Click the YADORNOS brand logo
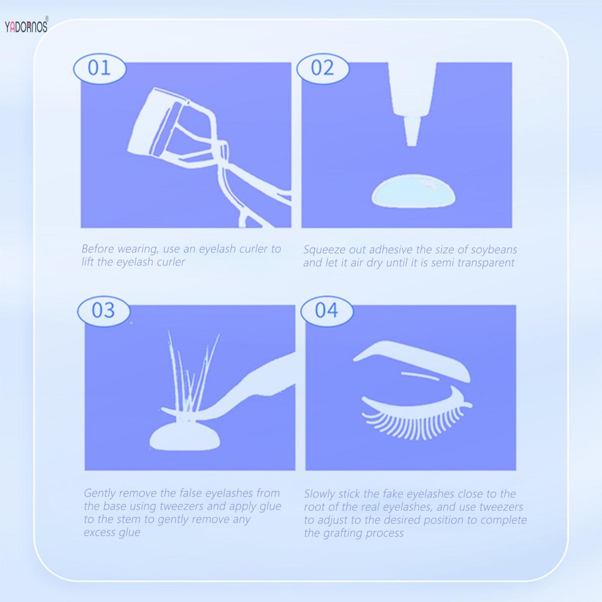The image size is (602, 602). click(x=26, y=26)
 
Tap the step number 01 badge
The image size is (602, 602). click(x=99, y=68)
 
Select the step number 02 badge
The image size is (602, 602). click(x=322, y=68)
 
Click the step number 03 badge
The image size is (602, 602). click(x=103, y=310)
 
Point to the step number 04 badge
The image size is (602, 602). click(x=327, y=310)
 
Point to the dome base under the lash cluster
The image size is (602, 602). click(x=185, y=436)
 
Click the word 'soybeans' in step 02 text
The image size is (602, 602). click(x=493, y=250)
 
